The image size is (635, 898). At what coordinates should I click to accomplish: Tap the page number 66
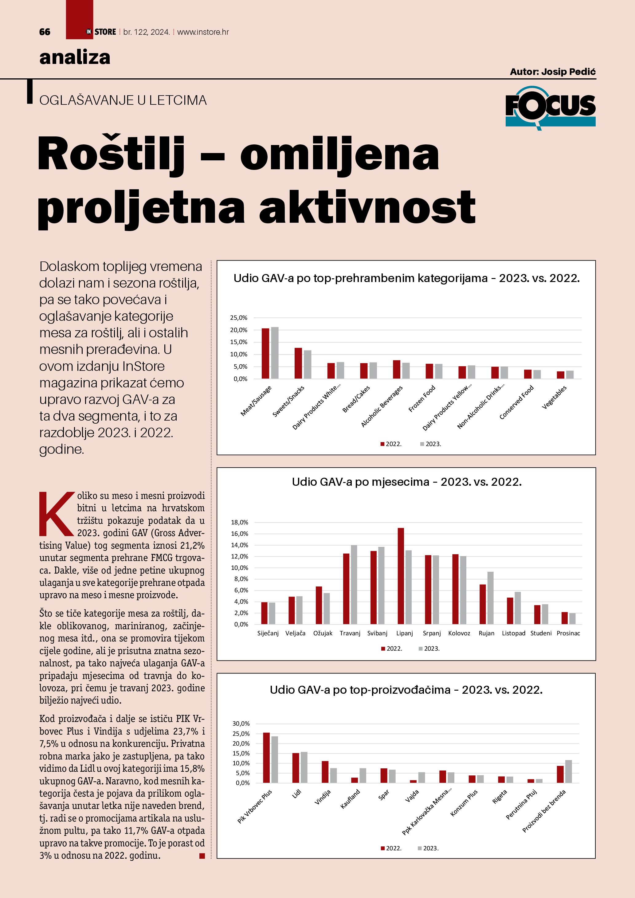45,32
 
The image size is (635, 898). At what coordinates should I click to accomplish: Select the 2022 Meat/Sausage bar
265,353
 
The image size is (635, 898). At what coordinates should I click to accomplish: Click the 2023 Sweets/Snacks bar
308,364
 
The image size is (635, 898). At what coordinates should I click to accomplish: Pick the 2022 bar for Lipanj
401,576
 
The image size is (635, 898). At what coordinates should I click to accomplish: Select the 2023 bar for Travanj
354,584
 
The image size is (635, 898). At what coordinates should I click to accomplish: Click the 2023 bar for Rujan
490,598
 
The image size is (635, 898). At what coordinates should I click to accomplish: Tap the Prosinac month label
568,633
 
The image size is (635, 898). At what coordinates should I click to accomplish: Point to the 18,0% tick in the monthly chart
240,522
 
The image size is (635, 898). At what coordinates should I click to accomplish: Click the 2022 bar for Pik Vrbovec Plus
266,758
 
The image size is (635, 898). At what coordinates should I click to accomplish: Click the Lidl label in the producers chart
297,794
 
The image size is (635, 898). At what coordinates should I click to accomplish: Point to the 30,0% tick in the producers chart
241,723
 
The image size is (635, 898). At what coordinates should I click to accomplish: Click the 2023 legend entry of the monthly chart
429,649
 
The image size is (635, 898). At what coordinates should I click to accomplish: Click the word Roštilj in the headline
111,154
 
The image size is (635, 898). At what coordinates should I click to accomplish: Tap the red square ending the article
202,856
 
